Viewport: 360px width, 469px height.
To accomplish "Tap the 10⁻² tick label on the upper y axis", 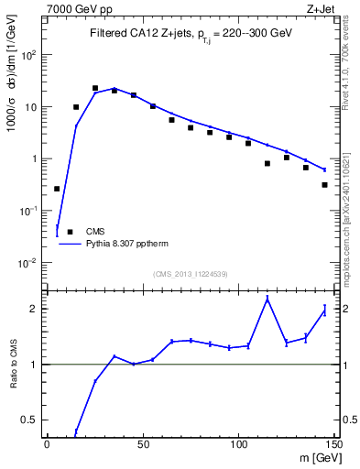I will (29, 263).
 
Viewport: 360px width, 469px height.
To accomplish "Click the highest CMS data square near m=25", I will (95, 88).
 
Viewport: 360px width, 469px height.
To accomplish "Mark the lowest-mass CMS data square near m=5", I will (57, 189).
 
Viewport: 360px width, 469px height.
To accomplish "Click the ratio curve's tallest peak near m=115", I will (267, 299).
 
